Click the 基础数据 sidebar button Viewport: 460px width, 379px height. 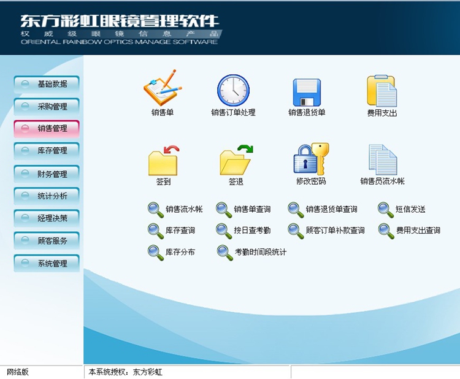click(47, 84)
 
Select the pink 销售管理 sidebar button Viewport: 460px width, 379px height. click(47, 129)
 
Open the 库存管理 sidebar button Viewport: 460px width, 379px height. click(47, 151)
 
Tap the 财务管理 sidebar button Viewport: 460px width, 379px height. click(47, 174)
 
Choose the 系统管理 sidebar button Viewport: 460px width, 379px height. click(47, 263)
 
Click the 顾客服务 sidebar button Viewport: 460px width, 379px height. click(47, 240)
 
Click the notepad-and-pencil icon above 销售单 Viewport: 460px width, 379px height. click(163, 88)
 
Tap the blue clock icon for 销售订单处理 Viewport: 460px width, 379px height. click(234, 90)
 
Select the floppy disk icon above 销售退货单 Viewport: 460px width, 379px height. click(307, 93)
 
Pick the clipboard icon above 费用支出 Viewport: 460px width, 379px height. click(381, 91)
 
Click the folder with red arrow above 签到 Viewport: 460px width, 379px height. click(163, 161)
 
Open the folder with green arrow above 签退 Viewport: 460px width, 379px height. click(236, 160)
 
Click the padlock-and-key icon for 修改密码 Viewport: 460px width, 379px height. click(311, 159)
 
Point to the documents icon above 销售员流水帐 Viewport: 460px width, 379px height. click(383, 159)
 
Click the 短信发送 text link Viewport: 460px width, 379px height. click(410, 209)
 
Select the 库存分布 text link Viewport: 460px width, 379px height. click(180, 252)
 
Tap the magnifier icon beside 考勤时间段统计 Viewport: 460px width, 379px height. click(224, 253)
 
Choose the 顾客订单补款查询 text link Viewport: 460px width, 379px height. click(335, 230)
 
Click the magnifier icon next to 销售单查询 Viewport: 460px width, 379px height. click(224, 210)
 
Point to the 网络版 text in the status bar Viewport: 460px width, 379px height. click(18, 372)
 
